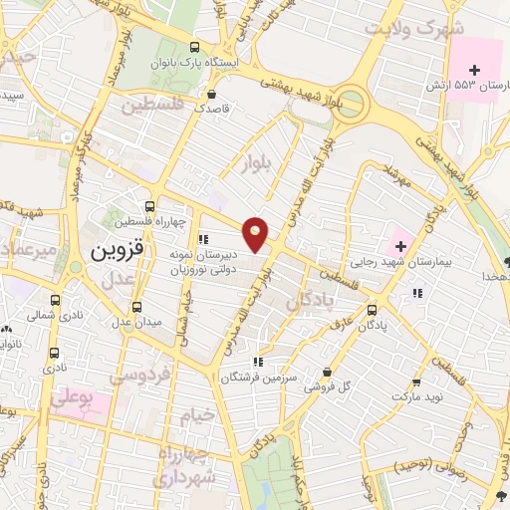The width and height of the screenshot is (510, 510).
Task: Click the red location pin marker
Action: [x=257, y=234]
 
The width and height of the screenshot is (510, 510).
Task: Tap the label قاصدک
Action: [x=212, y=108]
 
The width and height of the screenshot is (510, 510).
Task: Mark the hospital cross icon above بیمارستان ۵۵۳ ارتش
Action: [x=474, y=70]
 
